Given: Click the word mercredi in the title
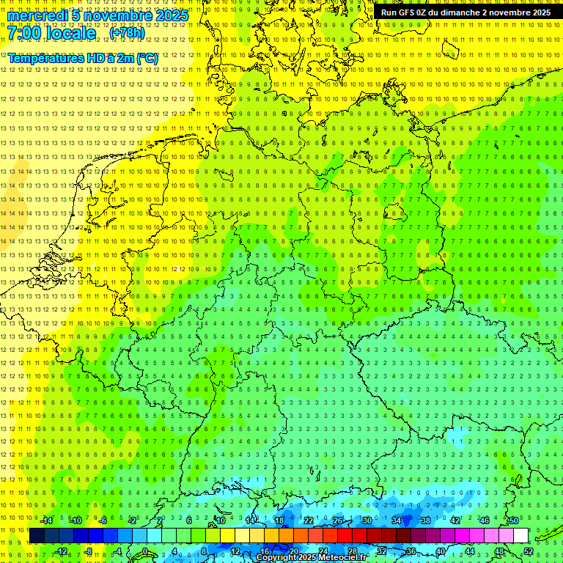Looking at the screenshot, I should click(39, 15).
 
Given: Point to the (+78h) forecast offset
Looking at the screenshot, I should click(127, 33).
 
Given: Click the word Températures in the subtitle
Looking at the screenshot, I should click(45, 58).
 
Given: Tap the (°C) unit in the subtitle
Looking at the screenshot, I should click(147, 58).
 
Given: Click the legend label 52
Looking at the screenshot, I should click(529, 551).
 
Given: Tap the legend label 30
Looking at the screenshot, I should click(367, 520).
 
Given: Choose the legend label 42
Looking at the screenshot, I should click(455, 520).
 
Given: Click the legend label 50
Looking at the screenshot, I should click(513, 520).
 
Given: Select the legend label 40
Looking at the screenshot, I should click(440, 551).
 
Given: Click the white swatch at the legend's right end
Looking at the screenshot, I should click(520, 536).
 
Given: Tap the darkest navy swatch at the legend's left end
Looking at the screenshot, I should click(37, 536).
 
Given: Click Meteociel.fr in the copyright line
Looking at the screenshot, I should click(342, 558).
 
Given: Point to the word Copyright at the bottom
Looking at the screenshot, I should click(278, 558).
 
